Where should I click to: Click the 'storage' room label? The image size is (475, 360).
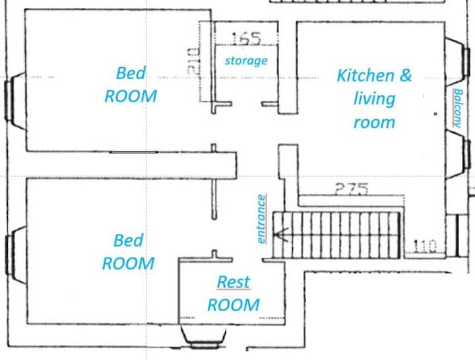tap(246, 61)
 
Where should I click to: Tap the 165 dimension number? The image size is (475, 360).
tap(245, 38)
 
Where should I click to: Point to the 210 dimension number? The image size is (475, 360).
tap(193, 61)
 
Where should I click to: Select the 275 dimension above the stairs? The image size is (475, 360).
tap(352, 189)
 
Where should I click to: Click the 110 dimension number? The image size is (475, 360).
tap(426, 246)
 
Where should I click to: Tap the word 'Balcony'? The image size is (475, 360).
tap(457, 107)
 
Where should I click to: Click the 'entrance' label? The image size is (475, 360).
tap(261, 219)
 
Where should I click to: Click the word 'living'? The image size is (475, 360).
tap(375, 99)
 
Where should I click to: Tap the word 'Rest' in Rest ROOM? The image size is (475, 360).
tap(234, 282)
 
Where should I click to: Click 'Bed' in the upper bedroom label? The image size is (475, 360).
tap(131, 73)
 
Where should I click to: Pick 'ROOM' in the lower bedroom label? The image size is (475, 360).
tap(129, 264)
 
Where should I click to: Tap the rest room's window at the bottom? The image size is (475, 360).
tap(204, 338)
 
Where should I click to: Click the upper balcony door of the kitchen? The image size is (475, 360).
tap(457, 61)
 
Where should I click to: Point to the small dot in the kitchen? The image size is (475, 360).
tap(435, 114)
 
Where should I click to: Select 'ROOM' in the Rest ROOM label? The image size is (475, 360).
tap(234, 305)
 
